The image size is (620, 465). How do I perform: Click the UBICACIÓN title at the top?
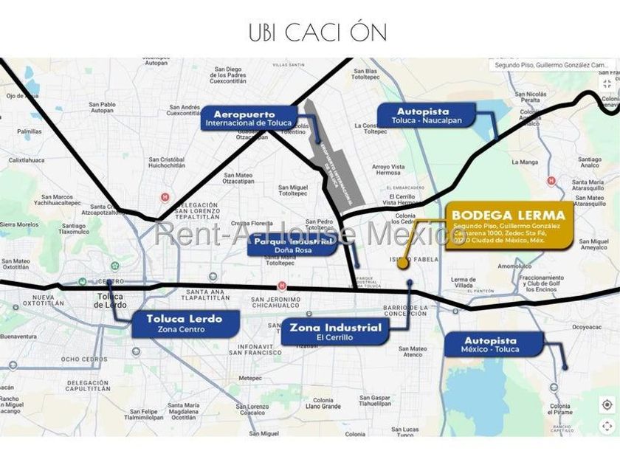tap(317, 32)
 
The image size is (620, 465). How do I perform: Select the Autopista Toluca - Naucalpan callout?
tap(423, 115)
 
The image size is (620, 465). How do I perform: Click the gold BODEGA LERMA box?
tap(509, 225)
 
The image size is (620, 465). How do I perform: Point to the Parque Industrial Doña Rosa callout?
tap(293, 245)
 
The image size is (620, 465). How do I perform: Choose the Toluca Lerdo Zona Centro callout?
tap(186, 323)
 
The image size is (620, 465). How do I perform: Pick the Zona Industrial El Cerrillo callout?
tap(336, 331)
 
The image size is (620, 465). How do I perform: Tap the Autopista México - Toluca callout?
tap(492, 344)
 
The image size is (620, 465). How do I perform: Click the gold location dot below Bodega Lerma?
tap(403, 264)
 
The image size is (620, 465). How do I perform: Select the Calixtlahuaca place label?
tap(27, 159)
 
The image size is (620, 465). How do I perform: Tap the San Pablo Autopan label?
tap(102, 107)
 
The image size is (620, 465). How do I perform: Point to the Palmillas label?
tap(30, 131)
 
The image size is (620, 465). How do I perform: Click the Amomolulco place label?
tap(515, 265)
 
